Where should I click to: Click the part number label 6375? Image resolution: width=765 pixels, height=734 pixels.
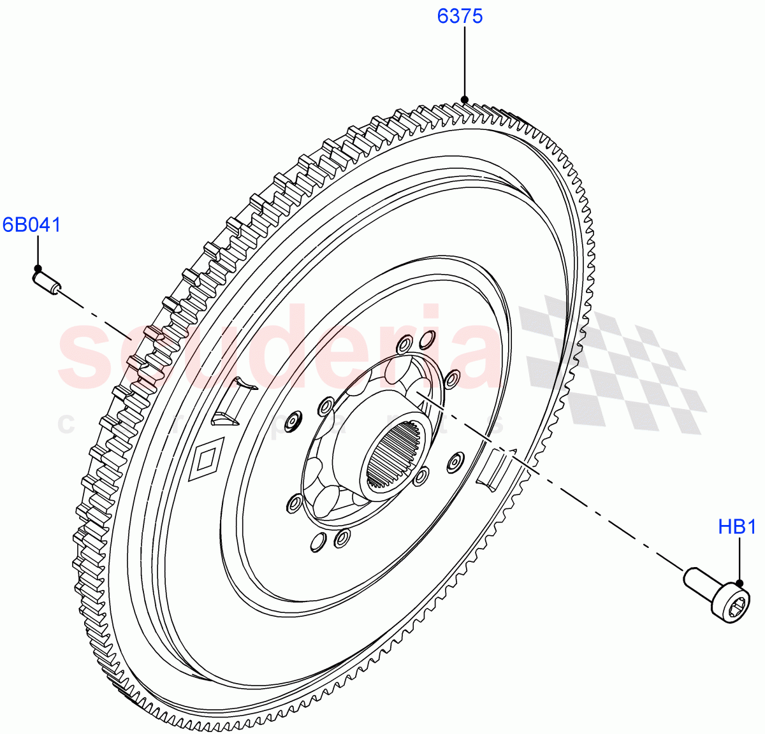tap(460, 16)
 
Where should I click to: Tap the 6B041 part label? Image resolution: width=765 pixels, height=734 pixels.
tap(32, 225)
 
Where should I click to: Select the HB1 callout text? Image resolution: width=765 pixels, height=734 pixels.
tap(737, 527)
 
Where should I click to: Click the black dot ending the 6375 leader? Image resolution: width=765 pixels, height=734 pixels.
tap(465, 99)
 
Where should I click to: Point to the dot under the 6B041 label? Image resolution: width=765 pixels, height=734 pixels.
tap(38, 268)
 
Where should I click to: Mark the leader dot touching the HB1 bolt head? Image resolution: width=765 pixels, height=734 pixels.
tap(739, 583)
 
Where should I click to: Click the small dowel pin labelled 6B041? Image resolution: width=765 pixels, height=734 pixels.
tap(46, 282)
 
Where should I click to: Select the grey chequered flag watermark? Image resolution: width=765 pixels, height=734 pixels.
tap(612, 363)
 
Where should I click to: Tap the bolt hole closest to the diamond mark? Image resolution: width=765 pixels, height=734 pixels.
tap(295, 420)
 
